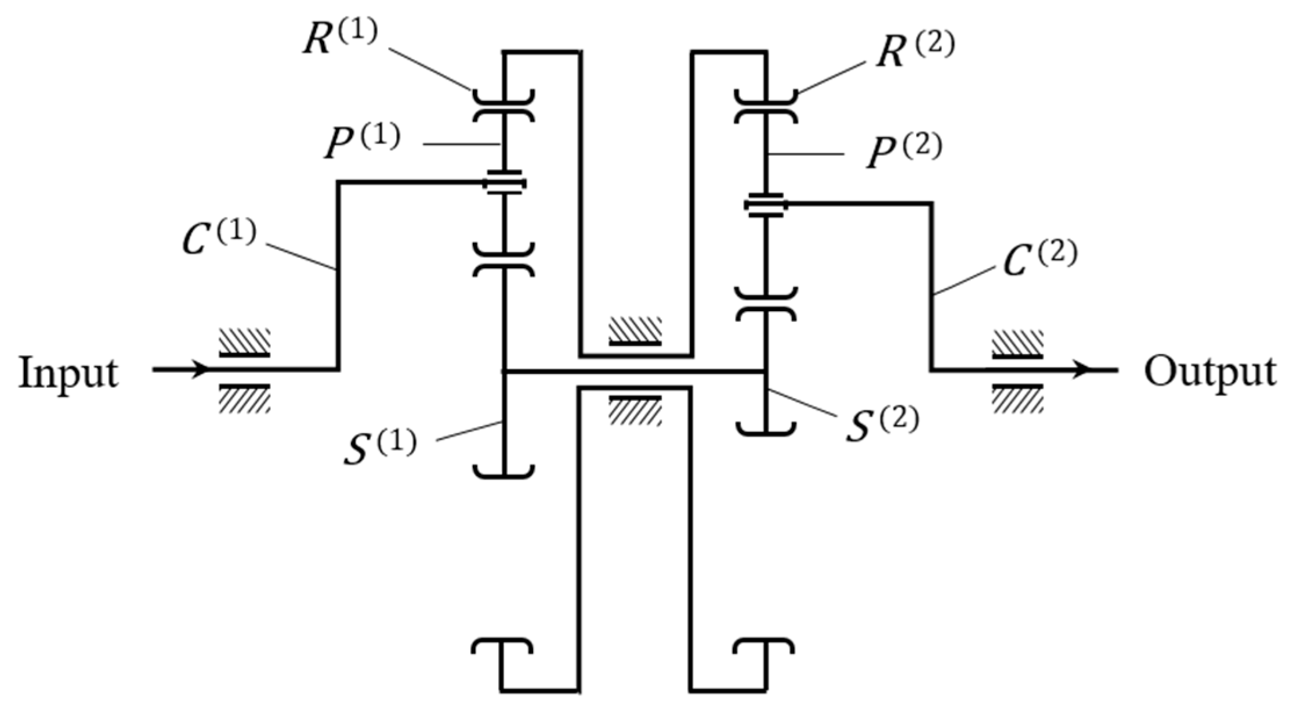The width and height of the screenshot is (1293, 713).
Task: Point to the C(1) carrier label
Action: [218, 238]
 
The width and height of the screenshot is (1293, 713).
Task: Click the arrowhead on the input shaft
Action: [200, 369]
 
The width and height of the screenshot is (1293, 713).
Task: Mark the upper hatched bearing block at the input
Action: [244, 341]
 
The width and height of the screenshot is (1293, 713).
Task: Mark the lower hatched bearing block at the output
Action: [1017, 399]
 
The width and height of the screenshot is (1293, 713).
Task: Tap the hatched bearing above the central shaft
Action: [635, 330]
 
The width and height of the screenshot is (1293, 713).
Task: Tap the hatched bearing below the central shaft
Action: [635, 409]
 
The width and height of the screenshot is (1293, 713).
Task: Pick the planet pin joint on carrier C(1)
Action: [504, 183]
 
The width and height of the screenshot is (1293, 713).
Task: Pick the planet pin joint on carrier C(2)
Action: [766, 204]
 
